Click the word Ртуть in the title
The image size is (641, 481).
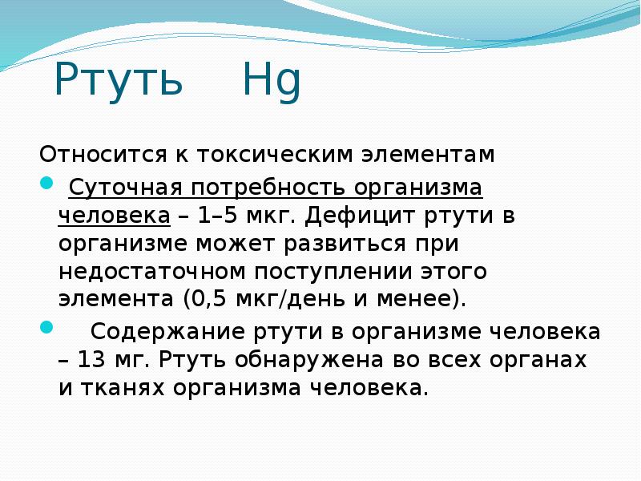pos(118,79)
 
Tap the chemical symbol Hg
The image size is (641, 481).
pos(272,79)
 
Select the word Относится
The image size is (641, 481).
pos(103,155)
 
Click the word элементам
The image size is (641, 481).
pos(428,155)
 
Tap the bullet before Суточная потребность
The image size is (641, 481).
pos(47,184)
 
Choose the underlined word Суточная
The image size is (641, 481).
pos(125,188)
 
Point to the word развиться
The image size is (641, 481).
pos(345,245)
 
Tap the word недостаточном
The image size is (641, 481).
pos(151,272)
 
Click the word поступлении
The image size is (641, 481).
pos(333,273)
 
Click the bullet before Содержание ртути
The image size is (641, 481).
pos(47,327)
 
